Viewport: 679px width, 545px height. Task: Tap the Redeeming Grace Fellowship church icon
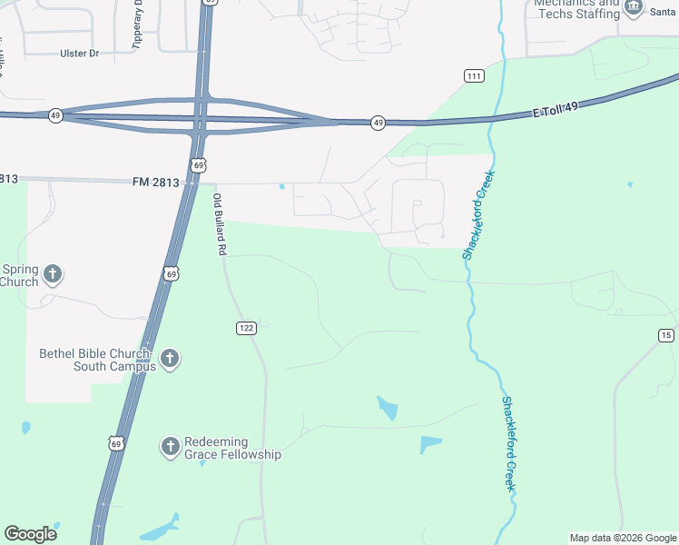point(170,446)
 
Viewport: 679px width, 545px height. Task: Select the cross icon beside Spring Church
point(53,273)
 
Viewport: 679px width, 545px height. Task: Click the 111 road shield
point(473,75)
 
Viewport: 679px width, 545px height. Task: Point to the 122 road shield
point(245,328)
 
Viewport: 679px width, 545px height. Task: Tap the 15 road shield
point(666,336)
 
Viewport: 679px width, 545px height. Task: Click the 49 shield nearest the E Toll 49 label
point(378,123)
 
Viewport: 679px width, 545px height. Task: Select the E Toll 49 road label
point(555,111)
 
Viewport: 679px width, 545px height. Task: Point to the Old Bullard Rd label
point(219,223)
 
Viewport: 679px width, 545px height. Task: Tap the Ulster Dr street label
point(79,54)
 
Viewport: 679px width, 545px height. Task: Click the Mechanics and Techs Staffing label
point(576,8)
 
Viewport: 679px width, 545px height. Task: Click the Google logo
point(30,534)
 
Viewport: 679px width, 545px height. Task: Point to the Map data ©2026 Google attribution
point(623,538)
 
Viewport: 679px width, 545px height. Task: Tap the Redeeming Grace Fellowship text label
point(232,448)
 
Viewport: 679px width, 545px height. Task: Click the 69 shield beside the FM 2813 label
point(199,164)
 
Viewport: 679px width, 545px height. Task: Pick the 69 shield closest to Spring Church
point(172,272)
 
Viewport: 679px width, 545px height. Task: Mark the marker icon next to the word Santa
point(633,8)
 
